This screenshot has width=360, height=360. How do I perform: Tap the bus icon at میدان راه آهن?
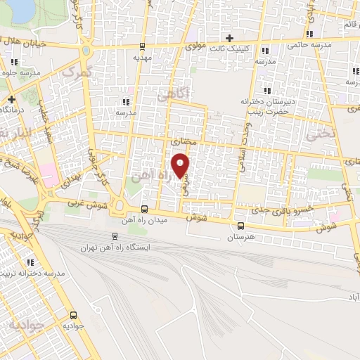pos(144,209)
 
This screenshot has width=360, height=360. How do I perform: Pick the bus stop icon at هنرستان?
pos(241,226)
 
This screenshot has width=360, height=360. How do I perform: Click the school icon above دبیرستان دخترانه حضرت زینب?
pos(266,91)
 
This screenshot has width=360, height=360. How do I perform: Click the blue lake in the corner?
pos(18,8)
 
